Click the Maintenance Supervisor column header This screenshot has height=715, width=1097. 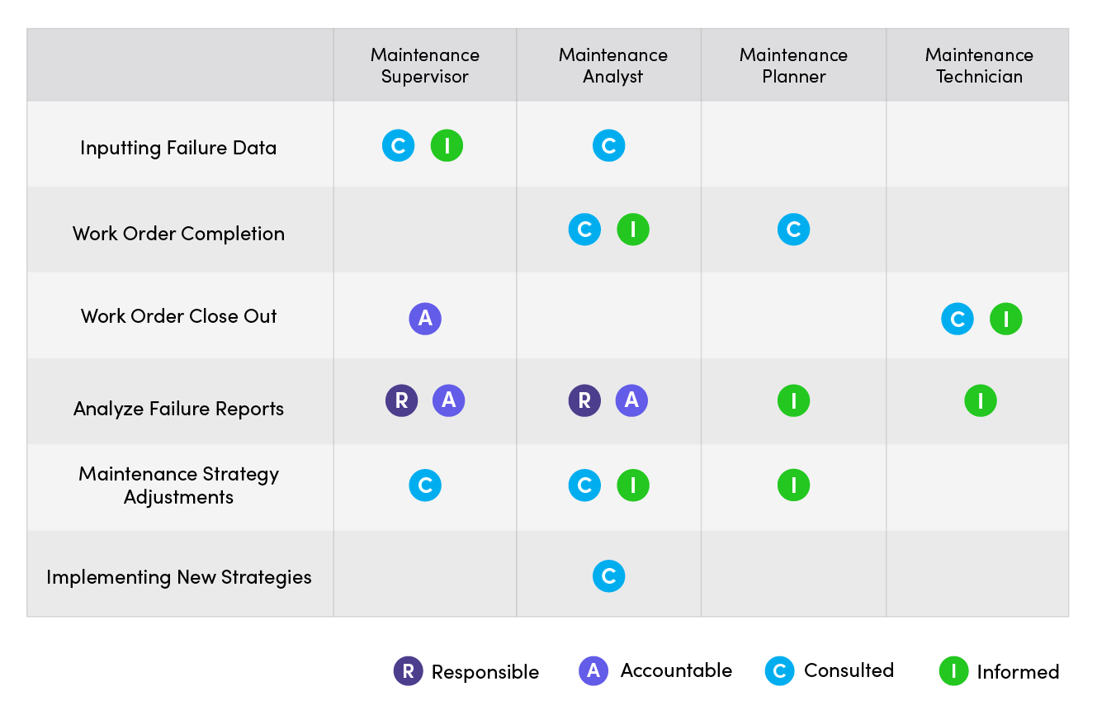[424, 66]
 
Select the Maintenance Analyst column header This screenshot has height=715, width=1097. [612, 66]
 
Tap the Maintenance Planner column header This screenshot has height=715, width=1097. [793, 66]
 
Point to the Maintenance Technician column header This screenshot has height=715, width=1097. [979, 66]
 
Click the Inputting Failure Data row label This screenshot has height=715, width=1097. [178, 148]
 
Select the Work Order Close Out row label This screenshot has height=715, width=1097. [178, 316]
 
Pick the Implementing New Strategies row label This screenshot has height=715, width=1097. [178, 577]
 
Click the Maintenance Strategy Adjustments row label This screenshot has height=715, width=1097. [178, 485]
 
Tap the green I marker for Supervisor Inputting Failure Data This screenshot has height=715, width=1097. [447, 146]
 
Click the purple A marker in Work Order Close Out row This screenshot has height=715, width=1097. [425, 319]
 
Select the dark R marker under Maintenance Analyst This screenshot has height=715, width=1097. [584, 401]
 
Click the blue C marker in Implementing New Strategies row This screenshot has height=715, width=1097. [608, 576]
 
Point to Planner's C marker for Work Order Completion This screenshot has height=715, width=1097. [793, 230]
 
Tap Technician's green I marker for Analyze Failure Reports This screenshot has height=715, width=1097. [981, 401]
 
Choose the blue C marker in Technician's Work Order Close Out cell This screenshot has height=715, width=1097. [958, 319]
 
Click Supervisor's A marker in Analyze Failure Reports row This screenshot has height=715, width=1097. [449, 401]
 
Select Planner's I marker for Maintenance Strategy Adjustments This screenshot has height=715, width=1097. [793, 485]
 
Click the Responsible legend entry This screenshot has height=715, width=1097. [467, 671]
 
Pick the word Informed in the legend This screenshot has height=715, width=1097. [1018, 672]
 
